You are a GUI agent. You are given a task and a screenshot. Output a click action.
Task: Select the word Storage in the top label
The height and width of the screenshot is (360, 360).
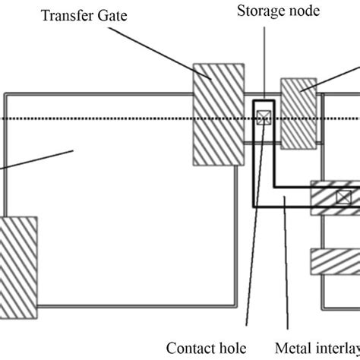click(258, 11)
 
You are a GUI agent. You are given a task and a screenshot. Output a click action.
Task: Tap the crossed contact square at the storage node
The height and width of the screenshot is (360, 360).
click(264, 118)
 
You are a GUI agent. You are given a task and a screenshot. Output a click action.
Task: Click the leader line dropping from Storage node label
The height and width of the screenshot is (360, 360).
click(262, 61)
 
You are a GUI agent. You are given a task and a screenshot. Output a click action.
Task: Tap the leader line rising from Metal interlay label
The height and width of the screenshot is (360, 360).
click(286, 266)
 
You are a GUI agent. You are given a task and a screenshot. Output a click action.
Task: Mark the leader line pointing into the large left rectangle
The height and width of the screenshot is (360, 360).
click(38, 160)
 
